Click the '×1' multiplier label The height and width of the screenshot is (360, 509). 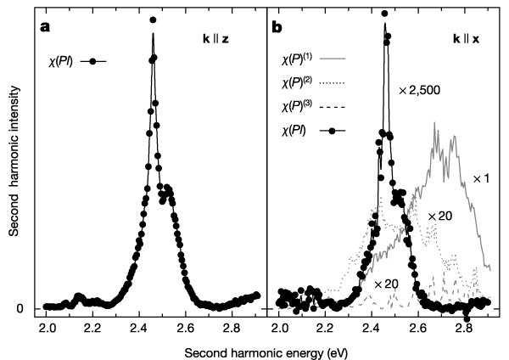point(481,179)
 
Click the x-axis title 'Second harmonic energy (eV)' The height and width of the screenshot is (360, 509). point(270,349)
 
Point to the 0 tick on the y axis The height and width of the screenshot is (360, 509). point(30,308)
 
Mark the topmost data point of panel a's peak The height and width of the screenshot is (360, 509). point(152,20)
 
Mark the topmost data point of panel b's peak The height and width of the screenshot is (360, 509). point(385,14)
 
